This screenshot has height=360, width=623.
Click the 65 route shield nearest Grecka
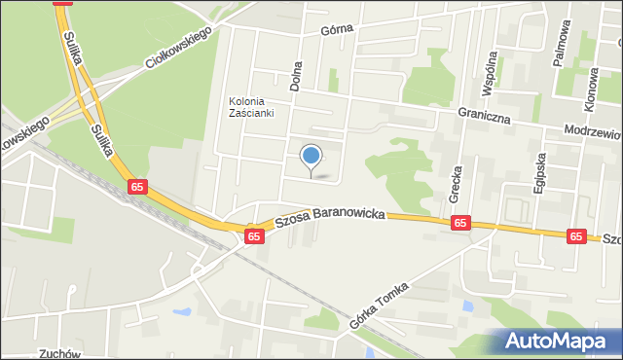(461, 224)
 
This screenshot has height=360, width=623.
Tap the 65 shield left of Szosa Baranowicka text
(254, 235)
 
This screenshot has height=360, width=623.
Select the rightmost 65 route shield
(576, 235)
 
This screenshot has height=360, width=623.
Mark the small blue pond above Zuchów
(181, 313)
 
